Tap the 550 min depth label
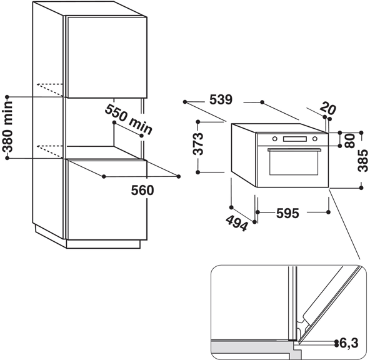(x=128, y=119)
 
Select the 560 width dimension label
(x=142, y=190)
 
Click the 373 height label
(x=199, y=145)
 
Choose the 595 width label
(x=287, y=213)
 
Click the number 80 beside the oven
(x=349, y=139)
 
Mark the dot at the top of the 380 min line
(x=7, y=97)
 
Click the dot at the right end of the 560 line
(x=179, y=176)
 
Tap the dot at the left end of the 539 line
(x=186, y=101)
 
